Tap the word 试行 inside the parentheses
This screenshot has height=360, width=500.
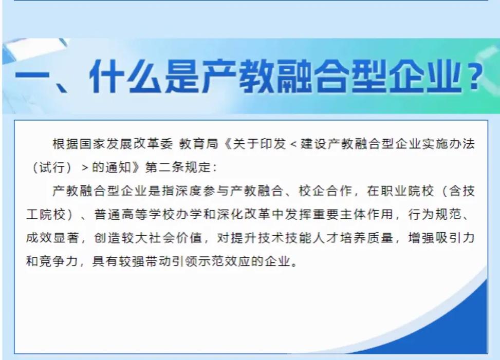[49, 167]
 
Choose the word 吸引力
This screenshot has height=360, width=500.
[457, 239]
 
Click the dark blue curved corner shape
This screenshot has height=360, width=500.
[457, 329]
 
